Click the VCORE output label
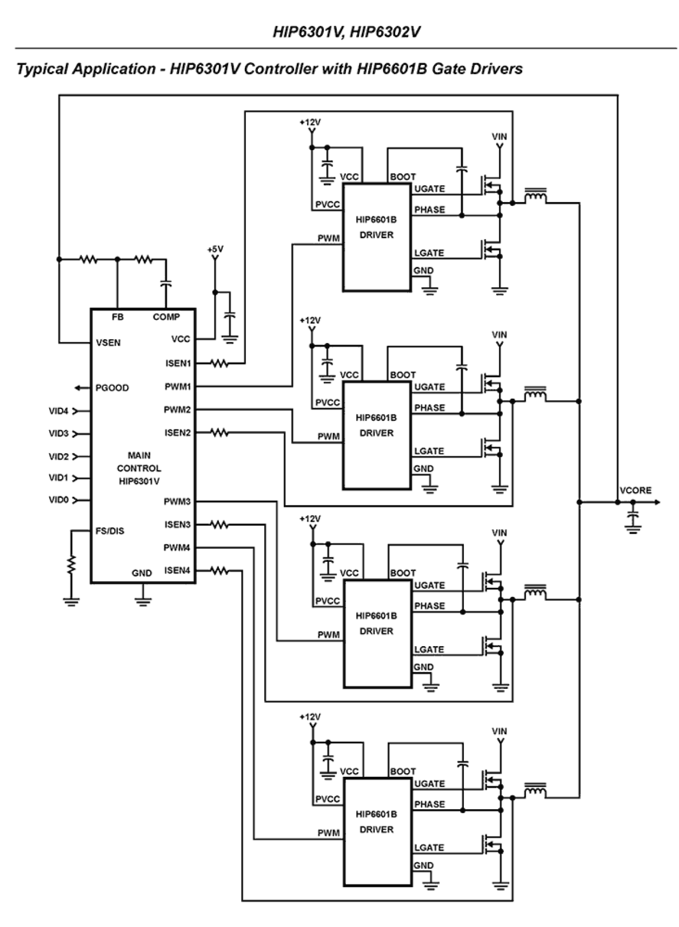point(635,491)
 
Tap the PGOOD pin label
point(112,388)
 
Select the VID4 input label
point(58,411)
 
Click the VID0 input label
point(58,500)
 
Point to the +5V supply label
point(215,249)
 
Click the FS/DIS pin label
point(110,531)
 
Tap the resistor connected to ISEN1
point(219,364)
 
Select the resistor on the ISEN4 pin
point(219,570)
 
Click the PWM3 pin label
point(177,501)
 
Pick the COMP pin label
point(166,317)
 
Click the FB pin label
point(117,317)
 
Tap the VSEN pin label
point(108,342)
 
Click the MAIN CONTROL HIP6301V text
point(139,468)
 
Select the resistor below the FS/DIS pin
point(71,565)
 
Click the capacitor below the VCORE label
point(633,518)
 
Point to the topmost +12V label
point(310,123)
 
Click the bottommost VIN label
point(500,731)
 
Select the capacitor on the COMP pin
point(166,283)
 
